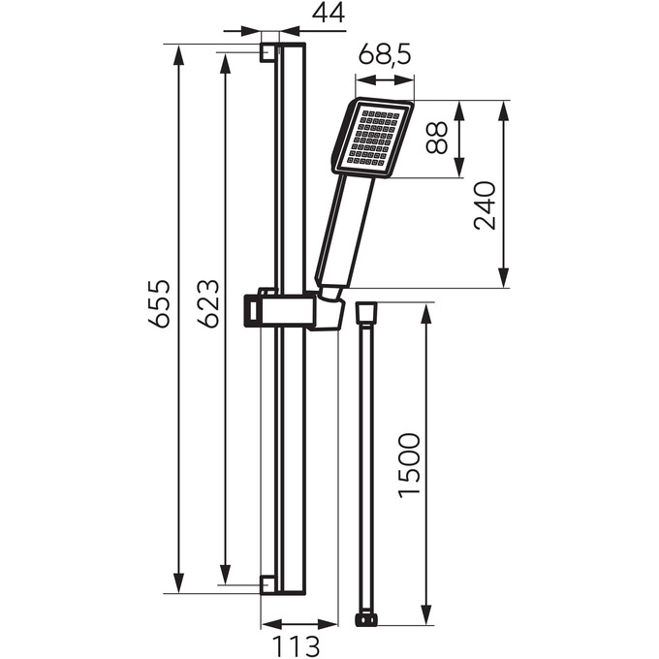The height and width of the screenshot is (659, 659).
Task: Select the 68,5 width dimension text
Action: pyautogui.click(x=386, y=56)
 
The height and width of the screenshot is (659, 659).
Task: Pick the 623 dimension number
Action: pyautogui.click(x=205, y=303)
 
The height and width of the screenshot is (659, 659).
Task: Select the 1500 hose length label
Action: pyautogui.click(x=409, y=466)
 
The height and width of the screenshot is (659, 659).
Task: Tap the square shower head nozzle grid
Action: pyautogui.click(x=375, y=138)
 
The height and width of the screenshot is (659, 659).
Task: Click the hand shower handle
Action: pyautogui.click(x=344, y=233)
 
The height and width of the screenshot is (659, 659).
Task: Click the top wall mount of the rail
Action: pyautogui.click(x=268, y=51)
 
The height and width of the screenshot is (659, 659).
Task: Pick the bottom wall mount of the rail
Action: pyautogui.click(x=268, y=583)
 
